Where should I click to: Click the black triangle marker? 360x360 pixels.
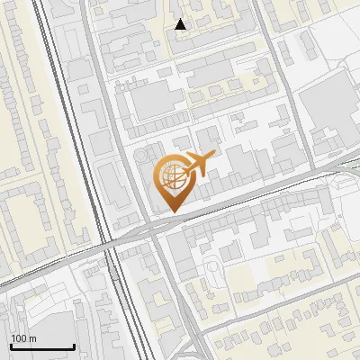(181, 24)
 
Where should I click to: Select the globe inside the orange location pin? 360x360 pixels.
(171, 176)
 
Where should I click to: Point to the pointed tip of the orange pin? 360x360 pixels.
(171, 211)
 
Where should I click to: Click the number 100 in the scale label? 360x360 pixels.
(18, 338)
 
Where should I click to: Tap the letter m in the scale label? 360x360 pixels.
(31, 338)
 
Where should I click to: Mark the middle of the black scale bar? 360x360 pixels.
(42, 346)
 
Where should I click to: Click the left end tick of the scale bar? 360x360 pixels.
(11, 346)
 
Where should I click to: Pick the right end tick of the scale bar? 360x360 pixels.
(74, 346)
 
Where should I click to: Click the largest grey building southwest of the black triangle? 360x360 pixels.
(157, 102)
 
